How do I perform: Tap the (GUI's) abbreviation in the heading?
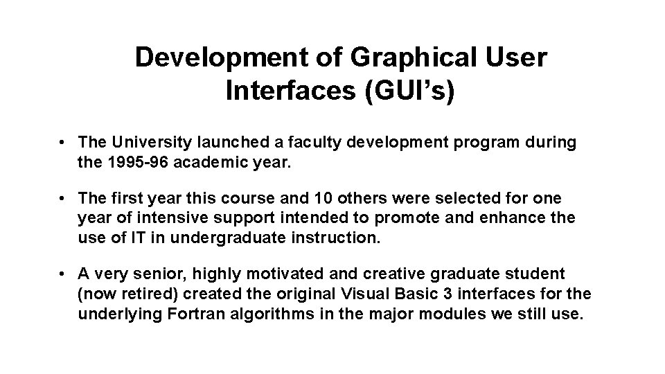tap(409, 91)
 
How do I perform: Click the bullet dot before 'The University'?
tap(62, 142)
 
